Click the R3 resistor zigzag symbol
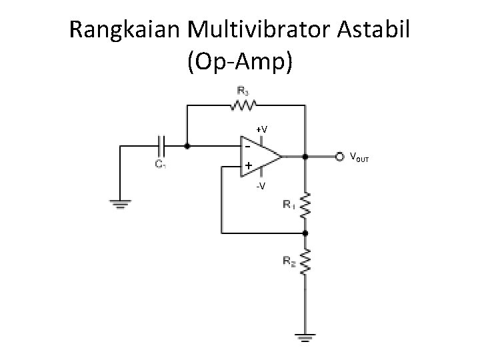[244, 105]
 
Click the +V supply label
[262, 129]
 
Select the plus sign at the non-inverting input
[247, 165]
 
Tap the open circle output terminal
[339, 157]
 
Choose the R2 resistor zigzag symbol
[305, 263]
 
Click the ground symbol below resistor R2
[305, 339]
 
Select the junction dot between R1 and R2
[305, 233]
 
